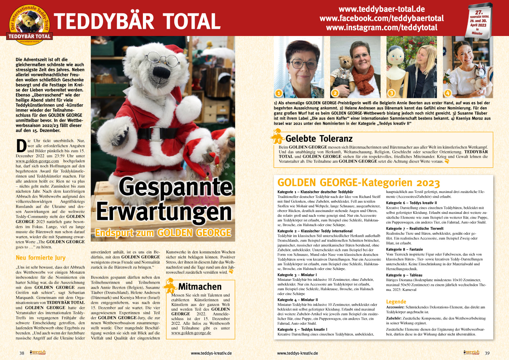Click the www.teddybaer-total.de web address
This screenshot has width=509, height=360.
(x=382, y=9)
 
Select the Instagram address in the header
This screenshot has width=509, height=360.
(x=382, y=28)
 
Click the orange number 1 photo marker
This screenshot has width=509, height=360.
(x=279, y=93)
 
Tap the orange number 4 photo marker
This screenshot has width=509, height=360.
(x=447, y=93)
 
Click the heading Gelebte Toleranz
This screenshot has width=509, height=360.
(x=319, y=139)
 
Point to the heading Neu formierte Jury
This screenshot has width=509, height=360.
(x=41, y=258)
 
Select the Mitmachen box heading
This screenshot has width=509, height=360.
(x=200, y=287)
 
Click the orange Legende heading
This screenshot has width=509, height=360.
(x=396, y=302)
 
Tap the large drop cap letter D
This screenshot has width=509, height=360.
(x=21, y=146)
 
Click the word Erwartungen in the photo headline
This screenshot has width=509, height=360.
(x=164, y=212)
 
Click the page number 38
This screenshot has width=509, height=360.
(x=22, y=353)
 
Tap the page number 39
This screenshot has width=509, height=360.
(x=487, y=353)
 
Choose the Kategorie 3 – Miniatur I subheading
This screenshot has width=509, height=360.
(x=297, y=275)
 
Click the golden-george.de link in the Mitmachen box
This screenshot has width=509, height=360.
(x=191, y=333)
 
